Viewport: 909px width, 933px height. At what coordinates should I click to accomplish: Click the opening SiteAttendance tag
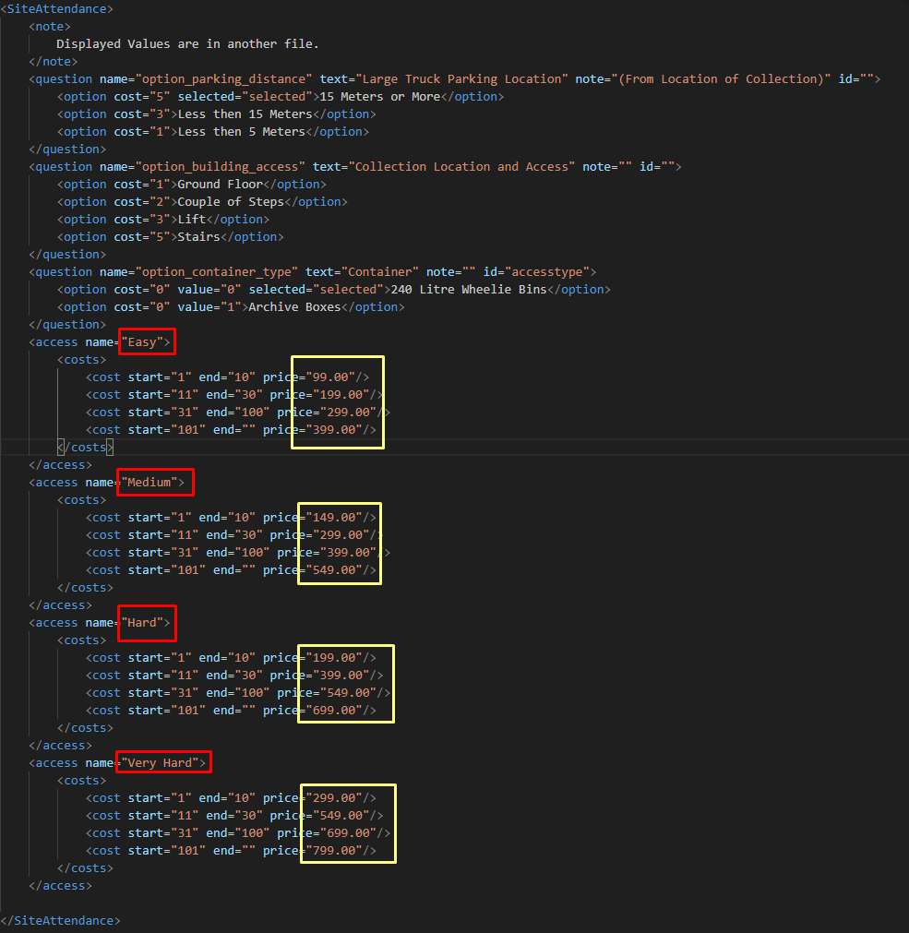(x=56, y=9)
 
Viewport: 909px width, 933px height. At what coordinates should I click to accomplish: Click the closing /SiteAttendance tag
(x=60, y=920)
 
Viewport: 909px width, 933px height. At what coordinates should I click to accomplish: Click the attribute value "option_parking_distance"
(x=223, y=79)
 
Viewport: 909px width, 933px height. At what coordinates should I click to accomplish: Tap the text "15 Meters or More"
(x=379, y=96)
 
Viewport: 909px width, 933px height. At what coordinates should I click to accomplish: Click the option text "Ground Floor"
(x=221, y=185)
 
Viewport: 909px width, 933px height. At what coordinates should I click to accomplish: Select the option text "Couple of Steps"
(x=231, y=202)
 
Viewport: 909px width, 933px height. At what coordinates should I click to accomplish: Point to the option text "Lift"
(x=192, y=220)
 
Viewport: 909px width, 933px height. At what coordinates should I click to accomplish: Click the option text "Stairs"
(x=198, y=237)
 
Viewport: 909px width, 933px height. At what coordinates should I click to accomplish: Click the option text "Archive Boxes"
(x=294, y=307)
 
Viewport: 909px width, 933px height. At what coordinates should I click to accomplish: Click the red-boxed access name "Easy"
(x=142, y=342)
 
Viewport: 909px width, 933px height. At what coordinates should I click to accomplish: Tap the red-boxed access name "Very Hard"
(x=160, y=763)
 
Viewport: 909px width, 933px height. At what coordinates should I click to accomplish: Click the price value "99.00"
(x=334, y=377)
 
